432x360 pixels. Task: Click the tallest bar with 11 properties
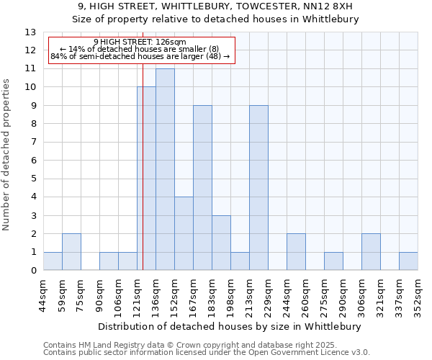pyautogui.click(x=165, y=169)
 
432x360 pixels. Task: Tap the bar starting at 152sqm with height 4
pyautogui.click(x=184, y=234)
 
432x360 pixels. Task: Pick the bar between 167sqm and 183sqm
pyautogui.click(x=202, y=188)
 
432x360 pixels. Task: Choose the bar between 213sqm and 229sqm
pyautogui.click(x=258, y=188)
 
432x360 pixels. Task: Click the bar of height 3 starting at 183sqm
pyautogui.click(x=221, y=243)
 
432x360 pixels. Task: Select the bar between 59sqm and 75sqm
pyautogui.click(x=71, y=252)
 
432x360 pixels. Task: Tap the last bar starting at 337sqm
pyautogui.click(x=408, y=261)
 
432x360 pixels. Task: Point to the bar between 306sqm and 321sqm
pyautogui.click(x=371, y=252)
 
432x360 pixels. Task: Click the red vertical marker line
pyautogui.click(x=143, y=144)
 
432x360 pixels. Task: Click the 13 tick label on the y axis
pyautogui.click(x=30, y=32)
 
